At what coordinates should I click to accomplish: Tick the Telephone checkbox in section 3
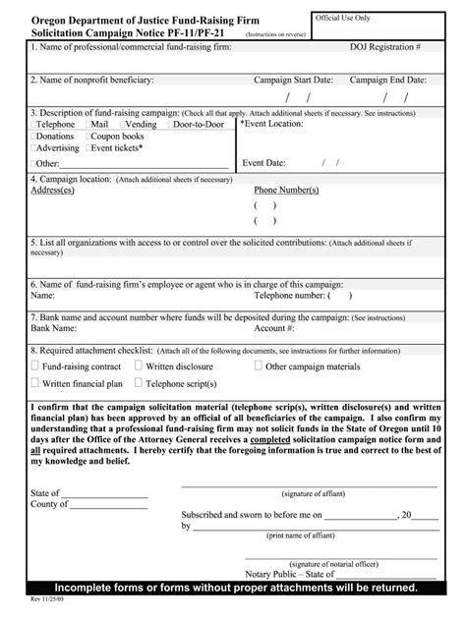coord(33,126)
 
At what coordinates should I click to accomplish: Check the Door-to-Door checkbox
coord(172,126)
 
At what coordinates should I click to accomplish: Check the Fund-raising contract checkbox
coord(35,366)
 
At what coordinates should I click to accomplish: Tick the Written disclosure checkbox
coord(138,366)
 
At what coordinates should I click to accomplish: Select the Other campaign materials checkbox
coord(259,366)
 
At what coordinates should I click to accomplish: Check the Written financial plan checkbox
coord(35,383)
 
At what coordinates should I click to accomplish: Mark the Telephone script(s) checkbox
coord(138,383)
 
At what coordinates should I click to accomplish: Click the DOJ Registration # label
coord(386,46)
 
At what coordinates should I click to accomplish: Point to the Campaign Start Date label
coord(293,80)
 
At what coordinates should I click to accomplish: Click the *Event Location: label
coord(272,125)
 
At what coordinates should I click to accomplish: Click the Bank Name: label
coord(54,328)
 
